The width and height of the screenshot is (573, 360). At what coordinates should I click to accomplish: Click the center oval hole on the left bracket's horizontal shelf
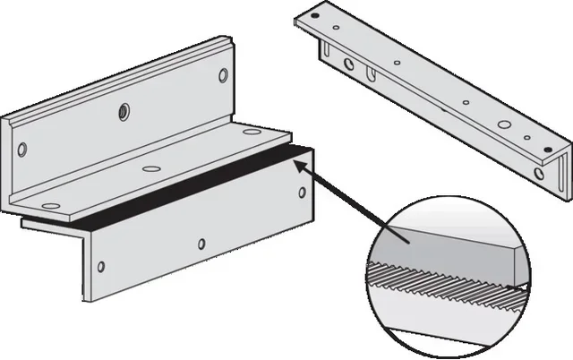point(149,167)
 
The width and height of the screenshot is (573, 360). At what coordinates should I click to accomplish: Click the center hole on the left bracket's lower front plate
point(203,244)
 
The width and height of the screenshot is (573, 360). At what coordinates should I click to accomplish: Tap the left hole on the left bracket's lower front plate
point(100,266)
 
